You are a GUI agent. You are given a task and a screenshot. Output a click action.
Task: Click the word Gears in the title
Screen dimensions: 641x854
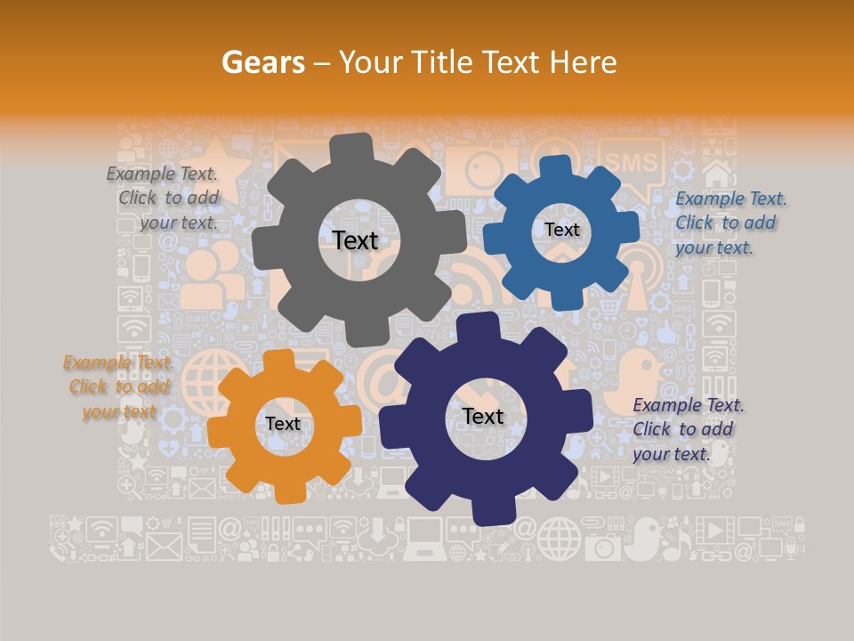pyautogui.click(x=262, y=62)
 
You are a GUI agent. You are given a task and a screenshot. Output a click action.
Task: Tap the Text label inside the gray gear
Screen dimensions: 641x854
pyautogui.click(x=355, y=240)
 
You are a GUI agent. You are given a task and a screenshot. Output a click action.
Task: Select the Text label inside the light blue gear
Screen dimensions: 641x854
pyautogui.click(x=561, y=230)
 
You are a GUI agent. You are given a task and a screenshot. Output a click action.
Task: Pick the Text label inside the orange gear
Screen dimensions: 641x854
pyautogui.click(x=283, y=424)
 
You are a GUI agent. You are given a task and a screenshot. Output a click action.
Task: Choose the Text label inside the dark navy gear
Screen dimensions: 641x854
pyautogui.click(x=483, y=416)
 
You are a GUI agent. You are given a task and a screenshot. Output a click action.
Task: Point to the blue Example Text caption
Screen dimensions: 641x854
pyautogui.click(x=730, y=223)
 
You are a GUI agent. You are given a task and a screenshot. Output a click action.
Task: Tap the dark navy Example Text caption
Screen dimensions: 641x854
pyautogui.click(x=688, y=429)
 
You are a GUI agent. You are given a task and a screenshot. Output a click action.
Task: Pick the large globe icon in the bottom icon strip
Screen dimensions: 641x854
pyautogui.click(x=559, y=538)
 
